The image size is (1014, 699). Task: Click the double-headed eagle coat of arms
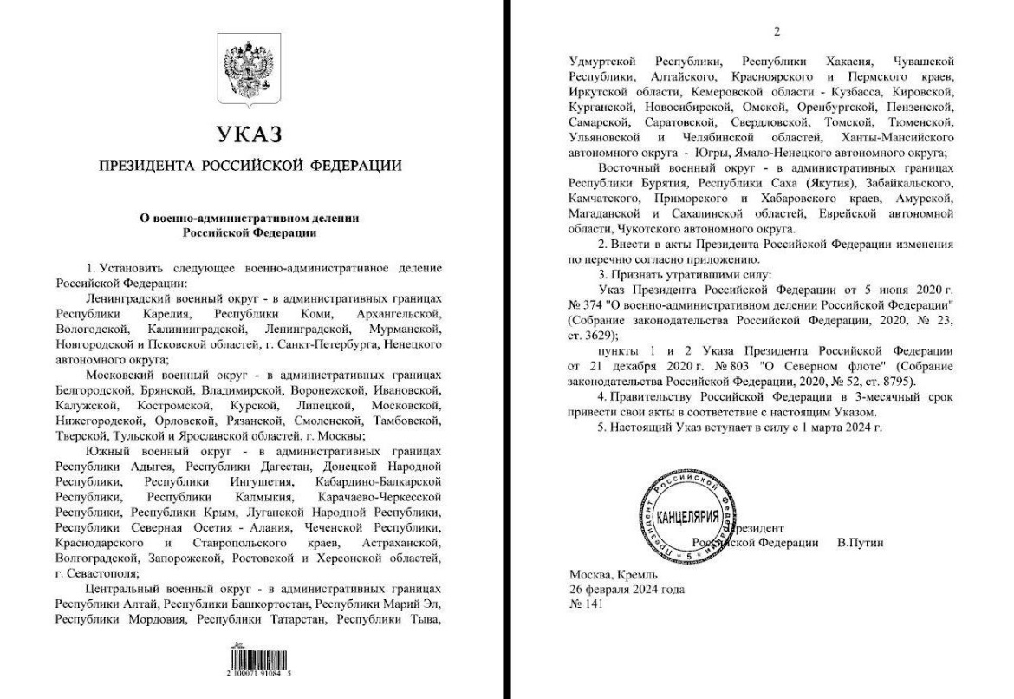coord(249,61)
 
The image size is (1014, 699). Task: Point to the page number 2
coord(777,31)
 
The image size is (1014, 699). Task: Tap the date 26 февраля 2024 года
coord(627,590)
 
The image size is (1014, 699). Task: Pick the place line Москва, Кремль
coord(613,575)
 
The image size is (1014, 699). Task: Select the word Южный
coord(107,453)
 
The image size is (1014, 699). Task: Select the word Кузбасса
coord(811,91)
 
